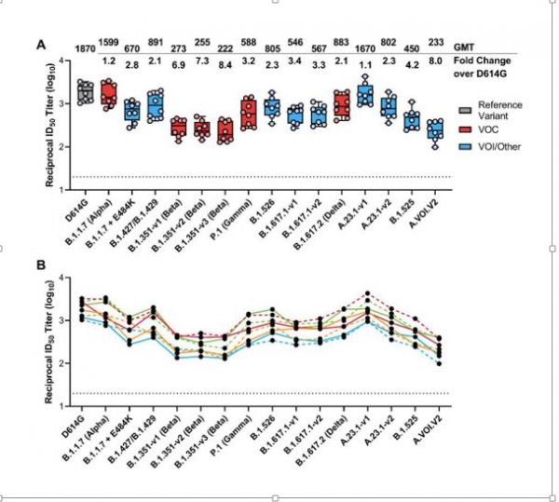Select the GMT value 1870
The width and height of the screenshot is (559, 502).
[85, 47]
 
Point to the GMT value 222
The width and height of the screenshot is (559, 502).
[226, 47]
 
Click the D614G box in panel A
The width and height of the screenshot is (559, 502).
[85, 91]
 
